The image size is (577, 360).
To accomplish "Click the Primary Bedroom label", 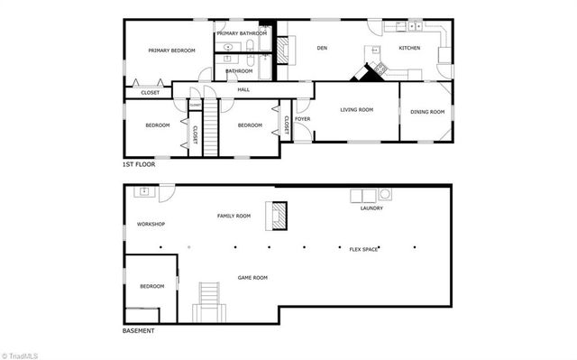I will (x=172, y=51).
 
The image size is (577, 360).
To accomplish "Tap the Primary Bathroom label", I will (x=243, y=33).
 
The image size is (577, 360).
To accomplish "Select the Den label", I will (x=321, y=48).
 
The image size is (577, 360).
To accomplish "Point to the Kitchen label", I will (x=410, y=48).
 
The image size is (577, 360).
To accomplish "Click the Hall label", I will (x=243, y=89).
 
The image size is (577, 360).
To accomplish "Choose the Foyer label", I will (x=303, y=118).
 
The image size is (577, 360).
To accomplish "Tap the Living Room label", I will (x=356, y=111).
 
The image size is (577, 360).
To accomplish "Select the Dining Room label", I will (x=427, y=112).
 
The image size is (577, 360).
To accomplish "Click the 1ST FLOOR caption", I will (x=139, y=165).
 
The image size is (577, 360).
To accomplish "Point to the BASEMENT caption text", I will (x=138, y=331).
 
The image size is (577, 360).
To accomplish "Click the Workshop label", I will (x=150, y=224).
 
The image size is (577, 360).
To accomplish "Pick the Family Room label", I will (x=234, y=217).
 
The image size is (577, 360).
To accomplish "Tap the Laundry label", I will (x=371, y=208).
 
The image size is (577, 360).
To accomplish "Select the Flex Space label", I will (x=363, y=249).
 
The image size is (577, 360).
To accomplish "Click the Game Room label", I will (x=252, y=278).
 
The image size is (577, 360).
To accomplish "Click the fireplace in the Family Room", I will (x=279, y=216).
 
